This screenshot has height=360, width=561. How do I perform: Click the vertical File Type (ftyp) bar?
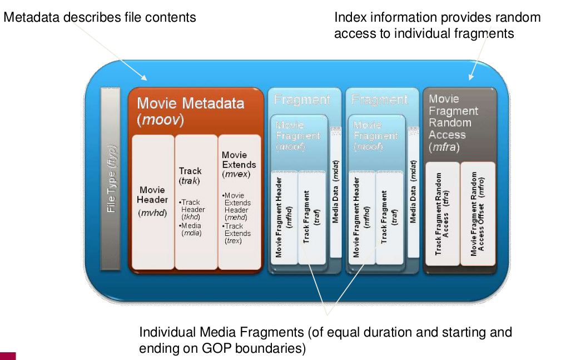pos(110,177)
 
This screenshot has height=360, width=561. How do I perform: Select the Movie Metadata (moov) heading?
pos(190,111)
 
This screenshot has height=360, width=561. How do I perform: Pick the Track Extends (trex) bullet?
pos(237,233)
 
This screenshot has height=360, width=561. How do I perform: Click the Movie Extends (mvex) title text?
pos(239,164)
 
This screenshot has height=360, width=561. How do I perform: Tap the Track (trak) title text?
pos(190,176)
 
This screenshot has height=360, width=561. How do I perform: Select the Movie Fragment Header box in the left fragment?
pos(284,217)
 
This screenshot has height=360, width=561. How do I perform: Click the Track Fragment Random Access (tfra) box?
pos(443,214)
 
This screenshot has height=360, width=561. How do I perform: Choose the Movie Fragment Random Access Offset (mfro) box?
pos(478,214)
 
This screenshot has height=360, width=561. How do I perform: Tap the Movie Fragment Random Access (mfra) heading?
pos(453,123)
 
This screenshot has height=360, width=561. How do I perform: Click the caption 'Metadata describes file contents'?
pos(100,17)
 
